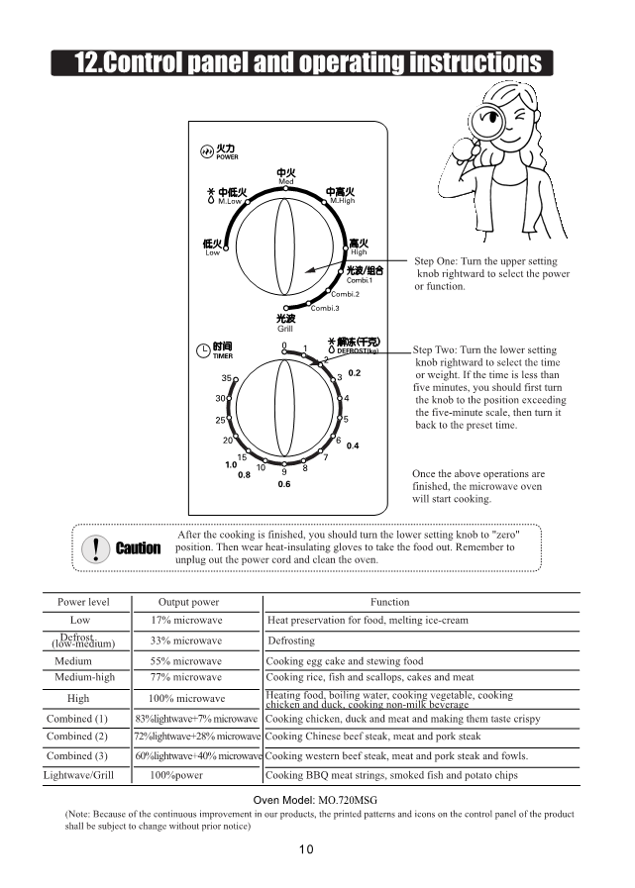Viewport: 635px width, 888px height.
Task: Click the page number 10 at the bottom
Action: (x=307, y=847)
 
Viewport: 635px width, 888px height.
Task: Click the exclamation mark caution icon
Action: (x=95, y=547)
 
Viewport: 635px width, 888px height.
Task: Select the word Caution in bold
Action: (x=138, y=548)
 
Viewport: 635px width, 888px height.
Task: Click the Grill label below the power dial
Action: (x=285, y=329)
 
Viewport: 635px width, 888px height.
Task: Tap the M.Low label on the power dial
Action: (x=230, y=201)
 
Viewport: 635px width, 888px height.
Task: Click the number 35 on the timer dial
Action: (x=226, y=378)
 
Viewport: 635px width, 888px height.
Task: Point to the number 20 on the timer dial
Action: (x=227, y=440)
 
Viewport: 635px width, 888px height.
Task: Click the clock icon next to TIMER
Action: (x=204, y=348)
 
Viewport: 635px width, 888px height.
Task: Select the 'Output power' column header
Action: (x=188, y=602)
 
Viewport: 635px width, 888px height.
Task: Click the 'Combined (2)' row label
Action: (x=76, y=737)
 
